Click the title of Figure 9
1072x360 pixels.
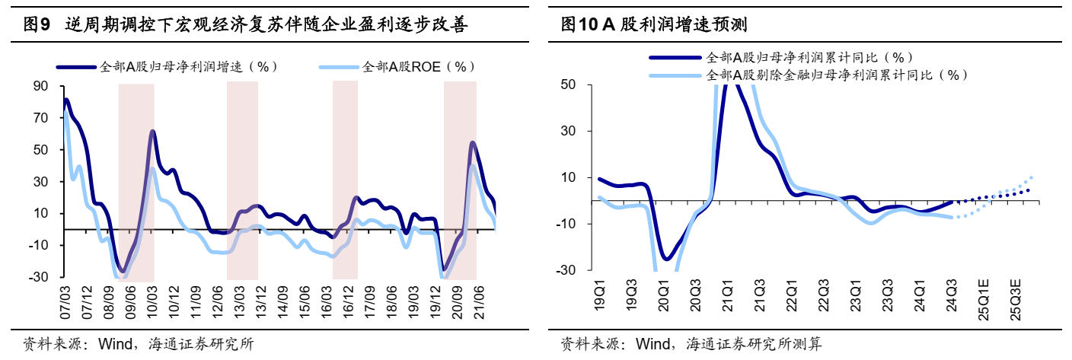pos(244,25)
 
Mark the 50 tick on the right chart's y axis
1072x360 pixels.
pos(568,84)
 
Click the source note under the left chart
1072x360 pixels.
pos(138,343)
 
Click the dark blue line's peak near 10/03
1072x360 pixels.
pos(152,131)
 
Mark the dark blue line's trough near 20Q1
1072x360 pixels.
pos(665,260)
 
